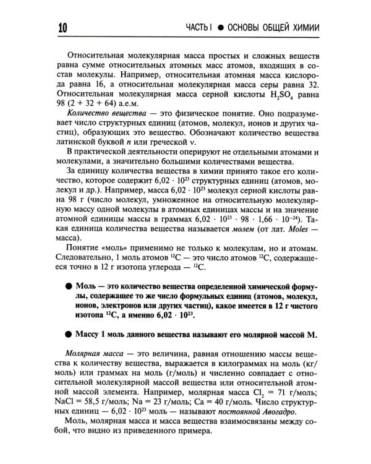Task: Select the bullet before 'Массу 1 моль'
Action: tap(67, 334)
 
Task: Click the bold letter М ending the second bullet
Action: tap(311, 335)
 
